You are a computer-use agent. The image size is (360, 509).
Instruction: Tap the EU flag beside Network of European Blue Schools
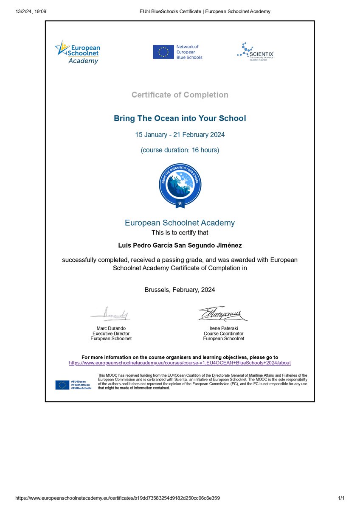tap(163, 52)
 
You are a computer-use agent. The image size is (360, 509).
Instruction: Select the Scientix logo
tap(255, 51)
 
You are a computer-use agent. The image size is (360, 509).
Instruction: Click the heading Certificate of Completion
tap(180, 95)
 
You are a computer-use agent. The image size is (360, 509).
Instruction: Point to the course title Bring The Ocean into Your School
tap(180, 118)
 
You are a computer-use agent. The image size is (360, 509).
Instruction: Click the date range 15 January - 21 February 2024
tap(180, 135)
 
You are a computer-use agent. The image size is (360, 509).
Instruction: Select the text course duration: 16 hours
tap(180, 150)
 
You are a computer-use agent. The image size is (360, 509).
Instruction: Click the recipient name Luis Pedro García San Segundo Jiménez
tap(180, 245)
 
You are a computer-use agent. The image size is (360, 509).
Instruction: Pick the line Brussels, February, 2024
tap(180, 290)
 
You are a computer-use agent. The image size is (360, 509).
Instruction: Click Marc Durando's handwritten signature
tap(111, 315)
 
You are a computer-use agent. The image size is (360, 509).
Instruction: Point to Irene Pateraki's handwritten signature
tap(223, 314)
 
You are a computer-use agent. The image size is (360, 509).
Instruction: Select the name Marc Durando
tap(111, 328)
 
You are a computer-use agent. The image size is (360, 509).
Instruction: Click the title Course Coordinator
tap(223, 333)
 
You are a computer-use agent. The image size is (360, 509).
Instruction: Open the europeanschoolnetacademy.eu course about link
tap(180, 363)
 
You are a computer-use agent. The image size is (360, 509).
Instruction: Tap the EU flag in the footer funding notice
tap(62, 385)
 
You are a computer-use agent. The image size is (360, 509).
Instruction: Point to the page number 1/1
tap(342, 498)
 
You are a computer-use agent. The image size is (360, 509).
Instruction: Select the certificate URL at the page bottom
tap(118, 498)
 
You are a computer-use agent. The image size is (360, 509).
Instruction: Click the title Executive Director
tap(111, 333)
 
